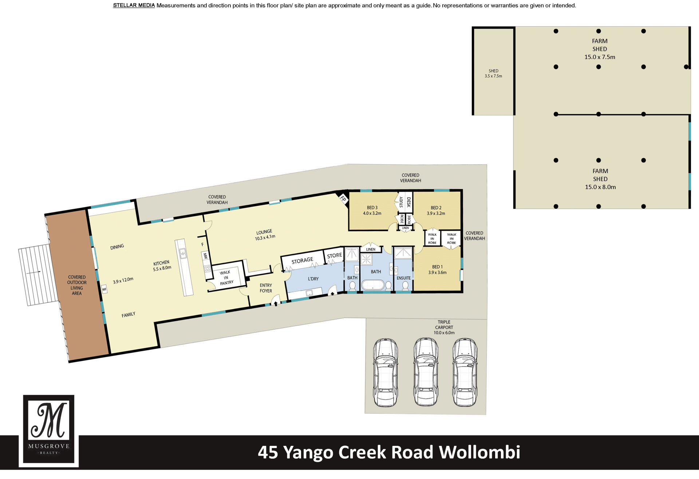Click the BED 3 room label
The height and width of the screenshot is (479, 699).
372,208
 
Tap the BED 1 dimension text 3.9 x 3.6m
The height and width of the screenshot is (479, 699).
437,272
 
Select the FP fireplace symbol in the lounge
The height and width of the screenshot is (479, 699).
343,199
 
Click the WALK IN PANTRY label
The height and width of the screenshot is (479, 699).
226,278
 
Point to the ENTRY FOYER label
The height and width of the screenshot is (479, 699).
266,288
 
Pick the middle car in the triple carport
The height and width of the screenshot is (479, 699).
426,372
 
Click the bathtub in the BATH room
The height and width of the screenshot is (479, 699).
372,285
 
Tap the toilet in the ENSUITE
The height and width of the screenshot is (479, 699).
405,286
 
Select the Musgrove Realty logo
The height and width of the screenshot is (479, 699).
49,431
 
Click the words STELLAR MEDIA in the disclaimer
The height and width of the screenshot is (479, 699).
134,5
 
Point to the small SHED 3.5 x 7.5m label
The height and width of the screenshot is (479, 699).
493,74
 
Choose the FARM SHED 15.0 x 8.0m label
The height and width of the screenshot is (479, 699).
600,179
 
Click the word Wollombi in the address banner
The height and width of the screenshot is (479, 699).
479,452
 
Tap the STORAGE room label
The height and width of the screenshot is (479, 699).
302,260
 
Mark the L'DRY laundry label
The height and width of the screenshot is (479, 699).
313,279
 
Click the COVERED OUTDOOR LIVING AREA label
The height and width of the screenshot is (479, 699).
77,285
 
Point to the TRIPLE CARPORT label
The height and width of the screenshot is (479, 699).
444,327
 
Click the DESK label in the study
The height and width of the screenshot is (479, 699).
409,202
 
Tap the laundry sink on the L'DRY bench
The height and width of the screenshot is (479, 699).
309,292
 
